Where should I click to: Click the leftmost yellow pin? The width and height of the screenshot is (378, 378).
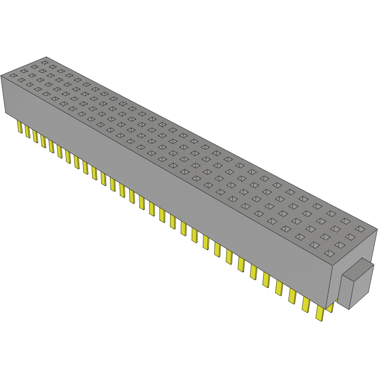tap(20, 127)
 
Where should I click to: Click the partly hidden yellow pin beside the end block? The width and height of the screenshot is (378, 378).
tap(330, 308)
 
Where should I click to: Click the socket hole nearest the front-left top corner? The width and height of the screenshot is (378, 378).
tap(13, 75)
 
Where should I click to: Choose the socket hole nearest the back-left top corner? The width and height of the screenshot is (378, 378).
tap(45, 62)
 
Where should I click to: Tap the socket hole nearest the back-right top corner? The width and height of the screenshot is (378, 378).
tap(360, 229)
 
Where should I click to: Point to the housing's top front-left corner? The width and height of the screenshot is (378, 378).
tap(1, 76)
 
